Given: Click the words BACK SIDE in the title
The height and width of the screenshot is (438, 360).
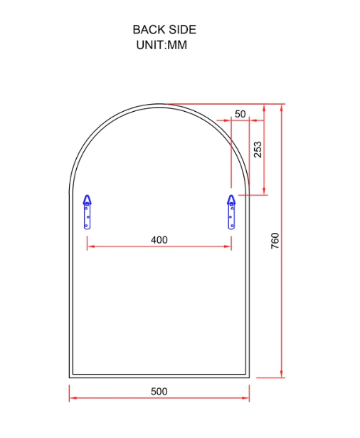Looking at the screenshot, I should click(164, 30).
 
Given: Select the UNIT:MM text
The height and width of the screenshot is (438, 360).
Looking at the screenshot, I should click(162, 45).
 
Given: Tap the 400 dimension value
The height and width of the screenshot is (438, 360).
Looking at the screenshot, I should click(159, 240).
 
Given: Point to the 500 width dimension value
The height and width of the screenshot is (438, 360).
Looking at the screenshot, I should click(159, 392).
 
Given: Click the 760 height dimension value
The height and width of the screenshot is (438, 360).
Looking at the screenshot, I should click(275, 241).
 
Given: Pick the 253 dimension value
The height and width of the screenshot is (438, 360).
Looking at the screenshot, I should click(258, 149).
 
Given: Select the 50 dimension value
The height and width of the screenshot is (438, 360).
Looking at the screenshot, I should click(240, 114).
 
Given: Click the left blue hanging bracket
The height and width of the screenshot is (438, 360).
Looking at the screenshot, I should click(88, 212).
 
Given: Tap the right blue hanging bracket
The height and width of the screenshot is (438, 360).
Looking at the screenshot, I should click(231, 212).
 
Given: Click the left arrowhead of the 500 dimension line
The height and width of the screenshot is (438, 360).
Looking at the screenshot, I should click(71, 399).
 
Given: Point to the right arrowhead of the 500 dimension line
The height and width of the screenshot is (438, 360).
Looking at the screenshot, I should click(247, 399).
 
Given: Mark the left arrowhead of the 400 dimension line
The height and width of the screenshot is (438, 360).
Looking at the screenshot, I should click(90, 247).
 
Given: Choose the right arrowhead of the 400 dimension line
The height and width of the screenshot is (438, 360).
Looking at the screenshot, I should click(229, 247).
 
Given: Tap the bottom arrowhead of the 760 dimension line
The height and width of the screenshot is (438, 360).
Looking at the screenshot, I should click(282, 375).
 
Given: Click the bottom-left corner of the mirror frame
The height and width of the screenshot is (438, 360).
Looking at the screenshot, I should click(70, 377).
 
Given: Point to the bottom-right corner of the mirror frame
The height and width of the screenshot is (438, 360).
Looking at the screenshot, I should click(249, 377).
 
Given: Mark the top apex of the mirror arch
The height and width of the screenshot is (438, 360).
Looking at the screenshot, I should click(159, 104).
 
